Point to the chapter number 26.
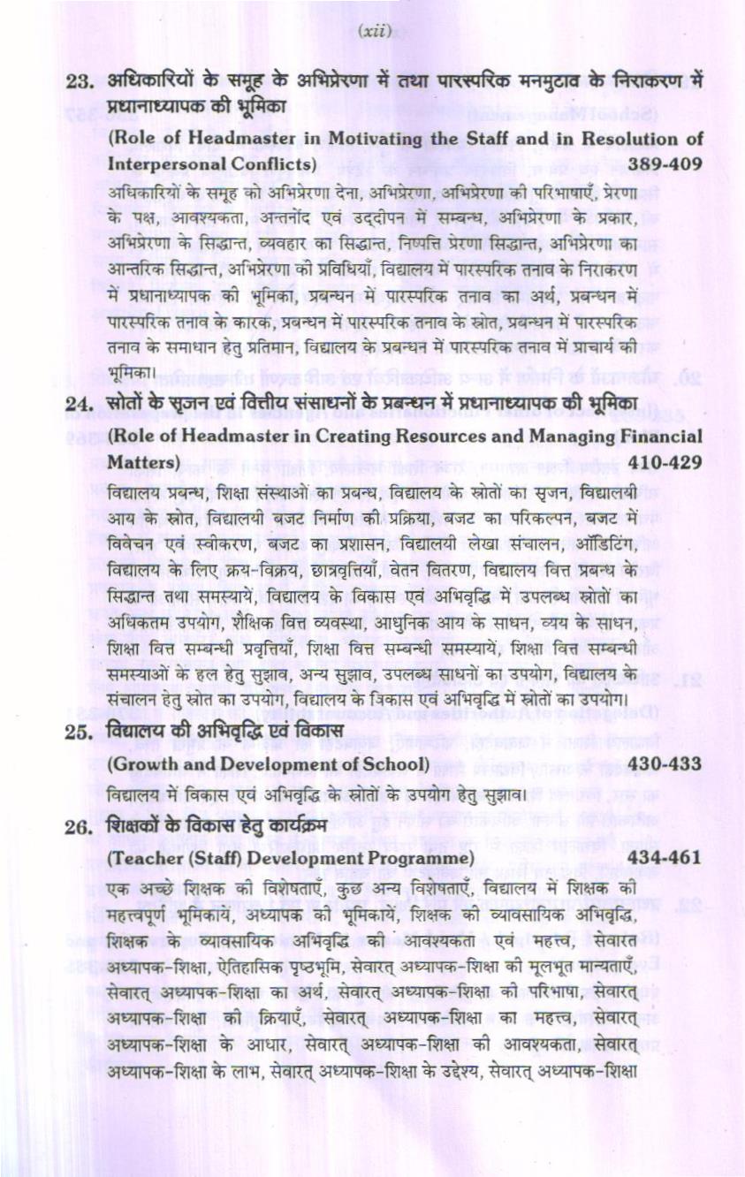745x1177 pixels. pyautogui.click(x=80, y=826)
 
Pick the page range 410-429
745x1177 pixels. pyautogui.click(x=665, y=462)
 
